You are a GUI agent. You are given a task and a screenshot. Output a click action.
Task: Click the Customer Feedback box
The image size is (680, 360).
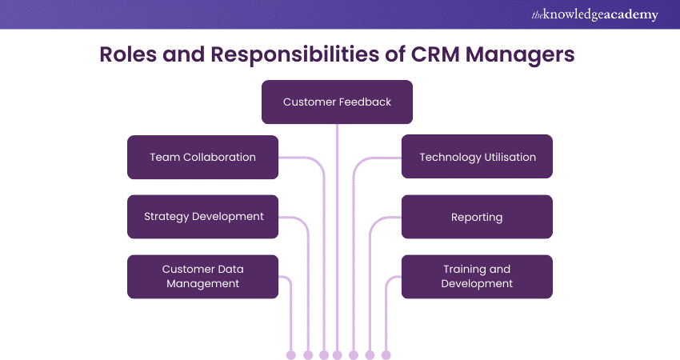pos(337,102)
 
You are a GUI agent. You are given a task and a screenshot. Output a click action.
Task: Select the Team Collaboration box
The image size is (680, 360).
pos(202,157)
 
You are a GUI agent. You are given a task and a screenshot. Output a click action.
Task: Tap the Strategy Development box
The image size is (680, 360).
pos(202,217)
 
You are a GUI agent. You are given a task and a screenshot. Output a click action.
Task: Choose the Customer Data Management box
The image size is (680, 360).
pos(202,277)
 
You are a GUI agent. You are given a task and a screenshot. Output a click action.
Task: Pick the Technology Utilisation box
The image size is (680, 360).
pos(477,157)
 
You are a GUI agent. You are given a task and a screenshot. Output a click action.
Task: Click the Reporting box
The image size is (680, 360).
pos(477,217)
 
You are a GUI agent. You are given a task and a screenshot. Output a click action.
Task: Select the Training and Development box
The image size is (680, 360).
pos(477,277)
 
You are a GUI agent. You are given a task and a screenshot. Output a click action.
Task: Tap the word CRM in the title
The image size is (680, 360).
pos(445,55)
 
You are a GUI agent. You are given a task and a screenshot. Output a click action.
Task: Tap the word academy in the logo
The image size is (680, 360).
pos(629,14)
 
